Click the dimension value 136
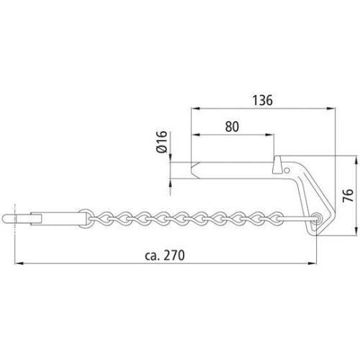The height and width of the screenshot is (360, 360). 264,102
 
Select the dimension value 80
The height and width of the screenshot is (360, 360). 232,127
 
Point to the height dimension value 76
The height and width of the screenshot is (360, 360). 347,196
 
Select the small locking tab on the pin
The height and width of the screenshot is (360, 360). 276,166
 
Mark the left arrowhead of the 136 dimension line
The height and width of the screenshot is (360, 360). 193,109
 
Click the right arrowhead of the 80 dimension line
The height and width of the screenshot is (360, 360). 273,135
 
